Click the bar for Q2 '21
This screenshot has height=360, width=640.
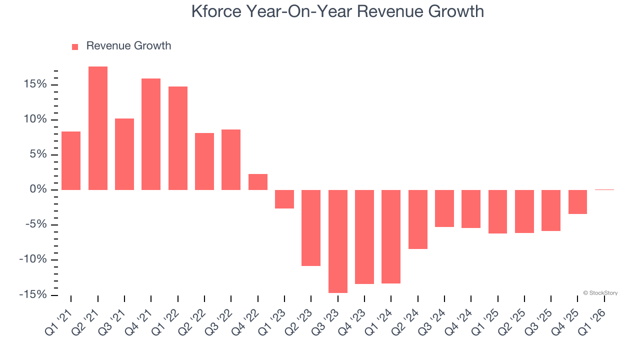click(x=98, y=128)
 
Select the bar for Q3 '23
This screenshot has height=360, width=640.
click(x=338, y=241)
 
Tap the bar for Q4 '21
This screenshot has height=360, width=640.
click(x=151, y=134)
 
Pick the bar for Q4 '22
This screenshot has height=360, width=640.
click(x=258, y=182)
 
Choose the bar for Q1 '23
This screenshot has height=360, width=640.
click(x=284, y=199)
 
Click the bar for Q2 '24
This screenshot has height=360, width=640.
click(x=418, y=219)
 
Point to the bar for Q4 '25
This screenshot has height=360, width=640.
click(x=577, y=202)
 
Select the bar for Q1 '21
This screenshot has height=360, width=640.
click(x=71, y=160)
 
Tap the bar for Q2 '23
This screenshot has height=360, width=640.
click(x=311, y=227)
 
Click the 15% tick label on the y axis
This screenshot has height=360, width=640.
click(x=34, y=84)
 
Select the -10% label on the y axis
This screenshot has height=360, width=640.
click(x=32, y=259)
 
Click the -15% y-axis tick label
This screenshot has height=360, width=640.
click(x=32, y=294)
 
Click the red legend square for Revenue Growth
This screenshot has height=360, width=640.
click(x=75, y=46)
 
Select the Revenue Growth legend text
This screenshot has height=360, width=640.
click(x=128, y=46)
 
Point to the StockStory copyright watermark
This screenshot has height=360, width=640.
click(x=600, y=293)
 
